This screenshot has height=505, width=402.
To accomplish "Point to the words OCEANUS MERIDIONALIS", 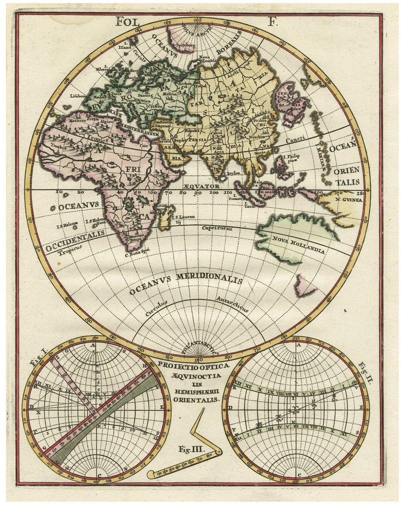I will (x=186, y=285).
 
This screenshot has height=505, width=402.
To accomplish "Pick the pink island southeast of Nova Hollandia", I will (x=304, y=284).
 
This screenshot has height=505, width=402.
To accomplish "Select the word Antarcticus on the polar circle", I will (x=234, y=302).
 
